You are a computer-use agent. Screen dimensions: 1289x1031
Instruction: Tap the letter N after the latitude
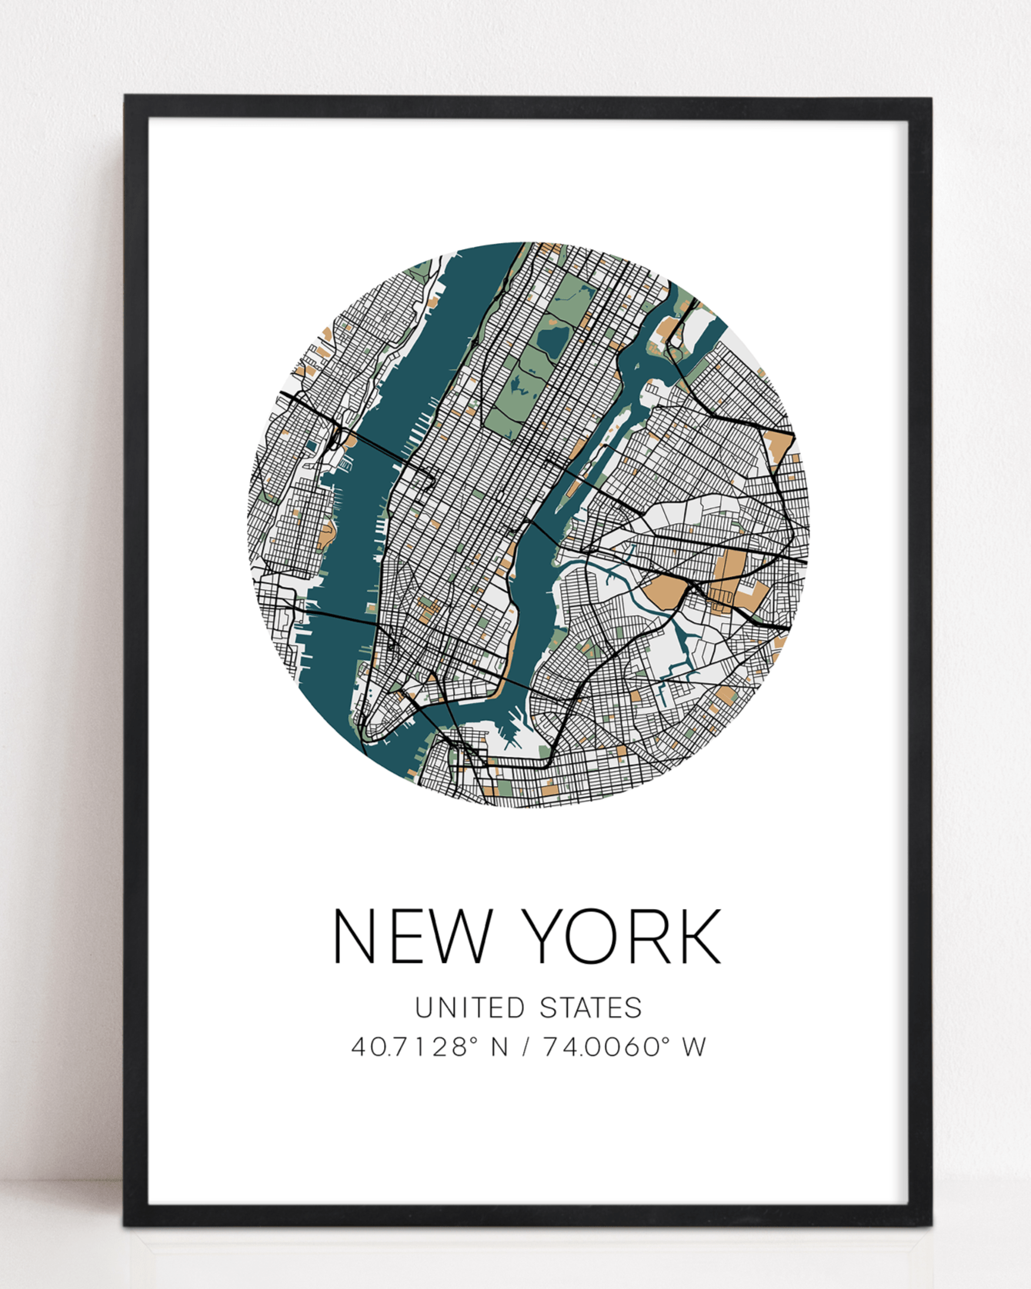coord(499,1048)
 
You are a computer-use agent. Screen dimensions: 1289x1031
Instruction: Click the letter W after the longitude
coord(694,1048)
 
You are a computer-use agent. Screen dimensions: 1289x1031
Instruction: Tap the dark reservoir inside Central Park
coord(553,337)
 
